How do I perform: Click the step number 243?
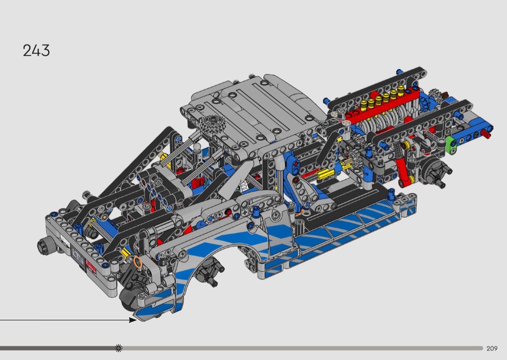[36, 51]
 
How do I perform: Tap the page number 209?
[492, 348]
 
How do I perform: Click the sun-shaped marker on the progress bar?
[119, 348]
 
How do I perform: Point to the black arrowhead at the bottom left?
[133, 320]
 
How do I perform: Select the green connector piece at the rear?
[451, 145]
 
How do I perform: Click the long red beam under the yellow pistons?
[381, 105]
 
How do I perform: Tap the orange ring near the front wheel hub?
[138, 263]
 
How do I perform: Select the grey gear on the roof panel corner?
[209, 124]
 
